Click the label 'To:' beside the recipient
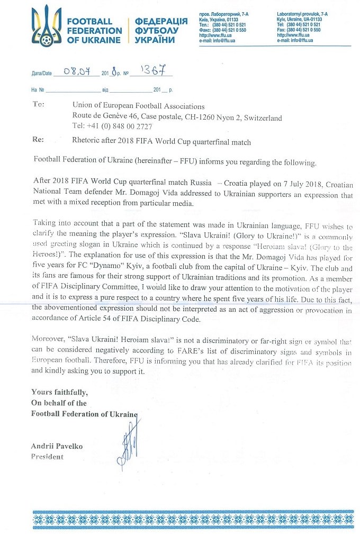[x=38, y=105]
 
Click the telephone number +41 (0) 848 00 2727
[x=112, y=126]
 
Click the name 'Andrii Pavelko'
[x=57, y=446]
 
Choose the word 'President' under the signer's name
[x=47, y=457]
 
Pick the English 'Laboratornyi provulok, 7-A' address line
[x=302, y=13]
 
